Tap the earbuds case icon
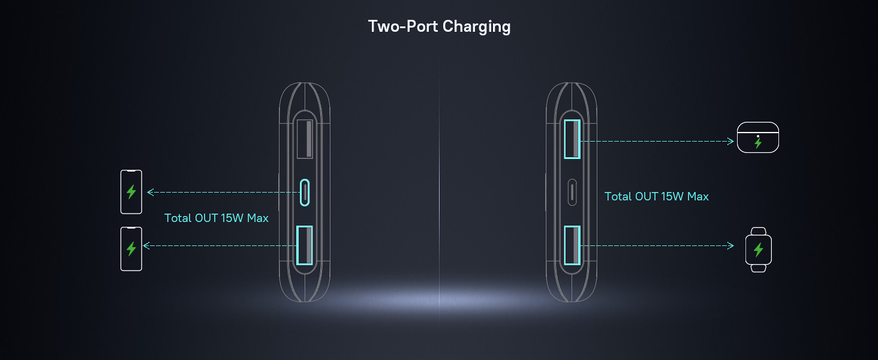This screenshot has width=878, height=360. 757,137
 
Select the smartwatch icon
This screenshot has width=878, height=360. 758,250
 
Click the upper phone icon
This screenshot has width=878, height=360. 131,192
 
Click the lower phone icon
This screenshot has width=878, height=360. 131,248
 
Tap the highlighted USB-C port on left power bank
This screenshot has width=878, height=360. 305,193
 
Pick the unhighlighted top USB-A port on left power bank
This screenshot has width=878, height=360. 305,139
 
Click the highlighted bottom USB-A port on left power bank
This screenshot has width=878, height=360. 305,245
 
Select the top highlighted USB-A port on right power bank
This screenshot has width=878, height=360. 572,139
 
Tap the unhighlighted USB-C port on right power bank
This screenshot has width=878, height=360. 572,193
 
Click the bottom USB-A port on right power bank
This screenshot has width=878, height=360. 572,245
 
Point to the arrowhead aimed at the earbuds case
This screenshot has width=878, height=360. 730,142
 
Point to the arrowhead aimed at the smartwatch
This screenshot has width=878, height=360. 730,245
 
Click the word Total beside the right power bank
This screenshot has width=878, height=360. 618,197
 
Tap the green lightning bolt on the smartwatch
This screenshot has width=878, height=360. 758,250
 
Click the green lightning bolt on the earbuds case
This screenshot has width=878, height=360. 758,143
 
